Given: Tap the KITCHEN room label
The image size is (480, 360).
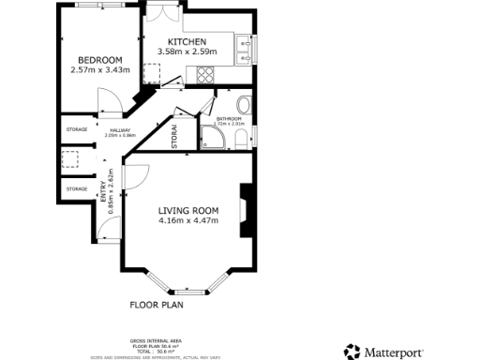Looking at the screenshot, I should click(x=187, y=43).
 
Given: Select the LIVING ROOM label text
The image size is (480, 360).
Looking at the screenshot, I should click(x=188, y=210).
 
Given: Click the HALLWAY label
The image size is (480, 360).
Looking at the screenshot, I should click(x=120, y=130).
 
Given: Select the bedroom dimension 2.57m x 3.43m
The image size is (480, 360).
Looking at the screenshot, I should click(x=97, y=69).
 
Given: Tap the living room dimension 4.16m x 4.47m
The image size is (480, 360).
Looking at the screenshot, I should click(x=188, y=221).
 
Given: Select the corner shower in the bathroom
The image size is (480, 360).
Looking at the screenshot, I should click(x=213, y=139).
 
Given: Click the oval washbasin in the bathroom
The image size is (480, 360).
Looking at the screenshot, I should click(x=245, y=104).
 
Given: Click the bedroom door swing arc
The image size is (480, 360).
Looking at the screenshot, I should click(x=111, y=100).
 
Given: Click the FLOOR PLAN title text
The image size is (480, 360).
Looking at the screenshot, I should click(x=157, y=305).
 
